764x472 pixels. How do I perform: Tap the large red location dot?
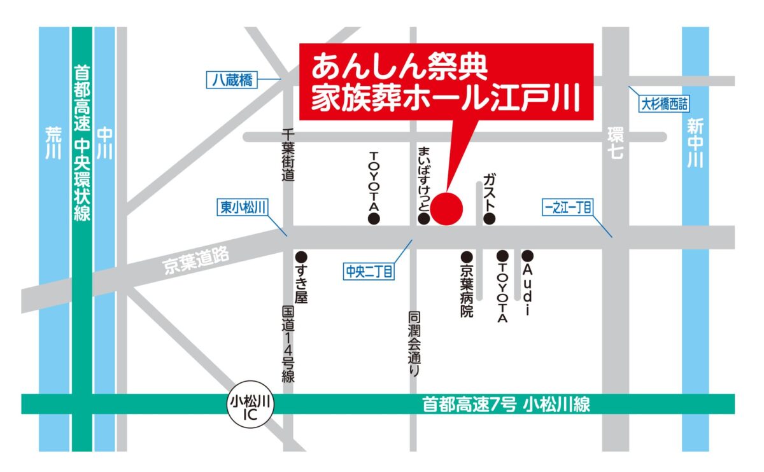(448, 208)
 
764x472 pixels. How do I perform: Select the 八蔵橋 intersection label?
(231, 80)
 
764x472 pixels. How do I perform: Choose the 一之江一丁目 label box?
(569, 207)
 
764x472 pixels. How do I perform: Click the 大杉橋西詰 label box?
(665, 105)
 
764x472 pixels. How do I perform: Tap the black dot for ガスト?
(489, 219)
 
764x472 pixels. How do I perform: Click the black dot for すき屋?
(302, 257)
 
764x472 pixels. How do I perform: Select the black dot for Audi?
(527, 256)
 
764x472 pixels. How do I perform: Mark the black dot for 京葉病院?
(467, 257)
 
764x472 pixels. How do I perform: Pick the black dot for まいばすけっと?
(423, 219)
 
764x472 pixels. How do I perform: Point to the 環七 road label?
(615, 142)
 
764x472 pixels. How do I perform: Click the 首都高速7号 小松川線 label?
(506, 404)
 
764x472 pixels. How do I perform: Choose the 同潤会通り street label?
(414, 344)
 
